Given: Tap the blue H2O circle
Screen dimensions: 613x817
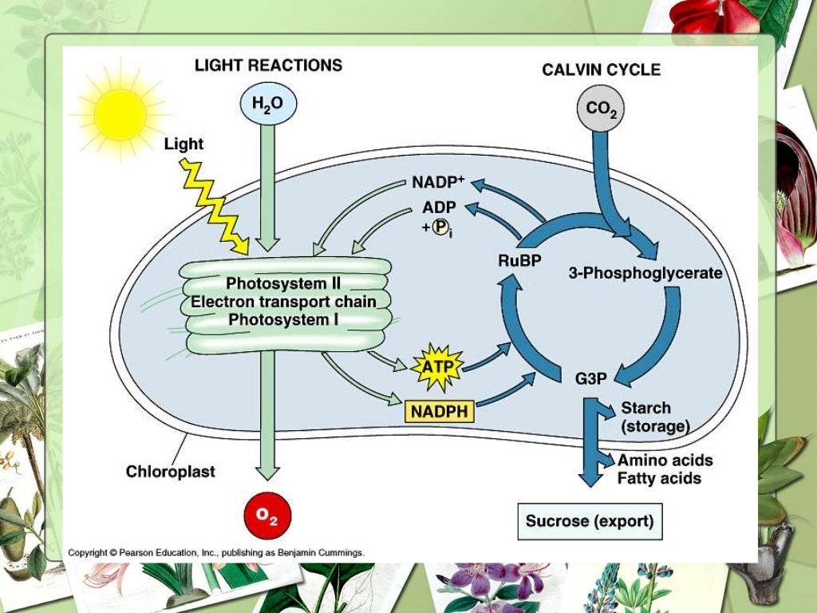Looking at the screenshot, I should (267, 104).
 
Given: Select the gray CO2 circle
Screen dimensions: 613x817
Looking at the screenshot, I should (600, 109).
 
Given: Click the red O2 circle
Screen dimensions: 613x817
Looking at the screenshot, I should (267, 516).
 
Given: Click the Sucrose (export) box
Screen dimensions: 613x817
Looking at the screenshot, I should (590, 521).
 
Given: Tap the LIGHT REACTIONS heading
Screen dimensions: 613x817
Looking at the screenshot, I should (268, 65).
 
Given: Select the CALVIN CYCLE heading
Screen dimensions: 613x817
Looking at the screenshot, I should (601, 69).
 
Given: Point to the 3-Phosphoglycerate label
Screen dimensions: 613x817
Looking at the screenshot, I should (645, 273).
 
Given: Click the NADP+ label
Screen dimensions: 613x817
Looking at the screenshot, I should (438, 182).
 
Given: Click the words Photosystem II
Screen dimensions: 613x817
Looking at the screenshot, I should (283, 283).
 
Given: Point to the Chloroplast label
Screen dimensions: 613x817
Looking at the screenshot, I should (170, 472).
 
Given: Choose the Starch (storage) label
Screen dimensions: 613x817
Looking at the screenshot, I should (654, 417).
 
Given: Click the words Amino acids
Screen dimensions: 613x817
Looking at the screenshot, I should (665, 461).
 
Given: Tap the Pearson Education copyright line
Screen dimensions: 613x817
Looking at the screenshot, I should (215, 552).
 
